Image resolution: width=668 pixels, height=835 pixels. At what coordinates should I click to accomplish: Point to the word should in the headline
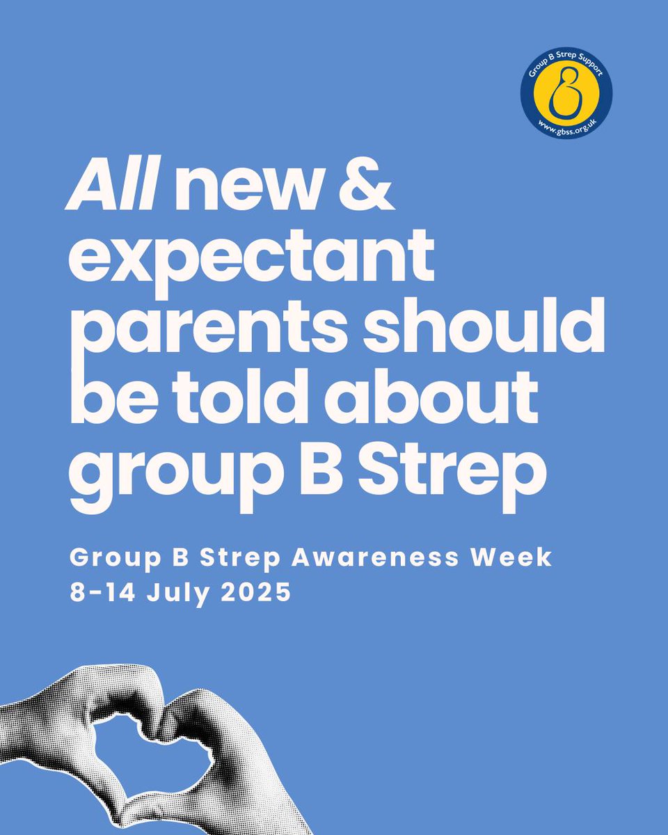(487, 327)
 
